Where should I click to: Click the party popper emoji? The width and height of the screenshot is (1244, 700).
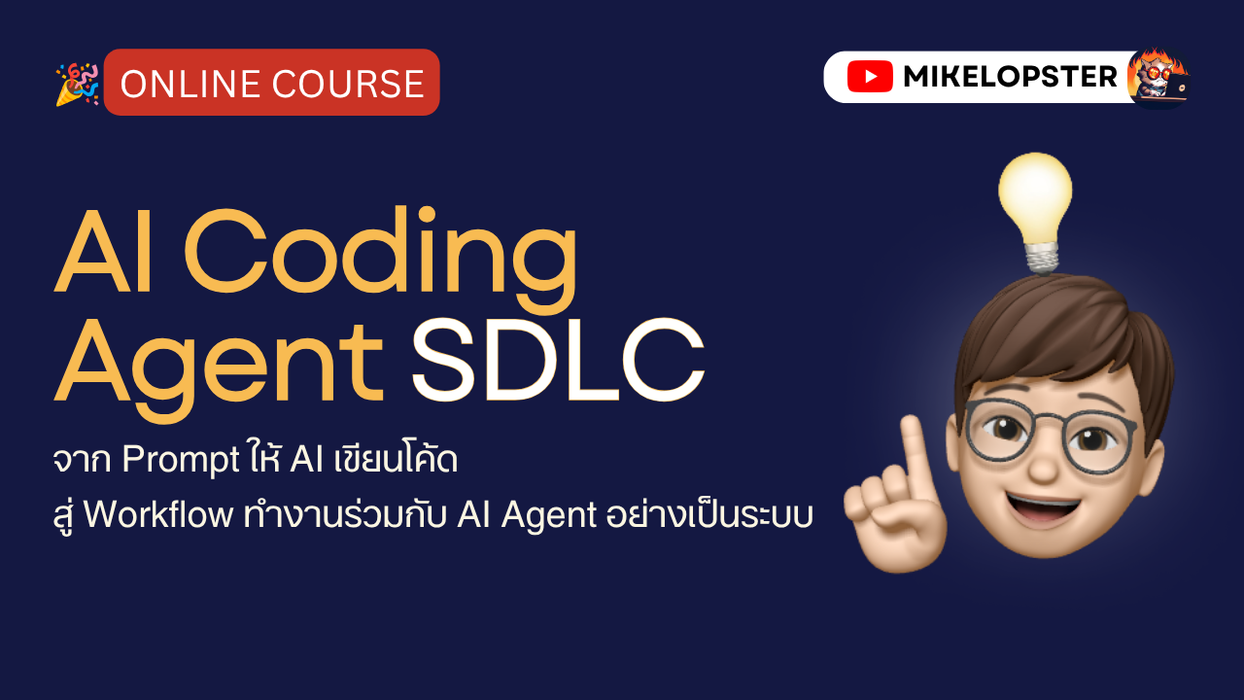pos(78,84)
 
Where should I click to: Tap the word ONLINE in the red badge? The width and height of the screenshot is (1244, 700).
pos(190,84)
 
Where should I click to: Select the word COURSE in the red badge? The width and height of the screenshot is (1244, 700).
pos(348,84)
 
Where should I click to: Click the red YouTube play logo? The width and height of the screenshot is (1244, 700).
pos(870,77)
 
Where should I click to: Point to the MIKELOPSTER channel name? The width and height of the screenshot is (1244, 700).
pos(1010,77)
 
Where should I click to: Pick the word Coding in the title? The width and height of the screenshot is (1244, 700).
pos(380,259)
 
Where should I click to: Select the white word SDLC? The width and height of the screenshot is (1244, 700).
pos(558,360)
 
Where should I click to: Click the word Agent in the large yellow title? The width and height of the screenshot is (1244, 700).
pos(219,368)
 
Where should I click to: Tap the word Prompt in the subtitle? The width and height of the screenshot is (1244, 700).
pos(181,461)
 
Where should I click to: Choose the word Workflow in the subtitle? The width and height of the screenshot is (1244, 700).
pos(158,515)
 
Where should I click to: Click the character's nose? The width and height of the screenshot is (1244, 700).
pos(1044,465)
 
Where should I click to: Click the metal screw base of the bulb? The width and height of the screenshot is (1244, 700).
pos(1041,259)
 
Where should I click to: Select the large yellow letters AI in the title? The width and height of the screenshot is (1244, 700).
pos(103,251)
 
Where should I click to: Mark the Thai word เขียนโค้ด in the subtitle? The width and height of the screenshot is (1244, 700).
pos(396,459)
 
